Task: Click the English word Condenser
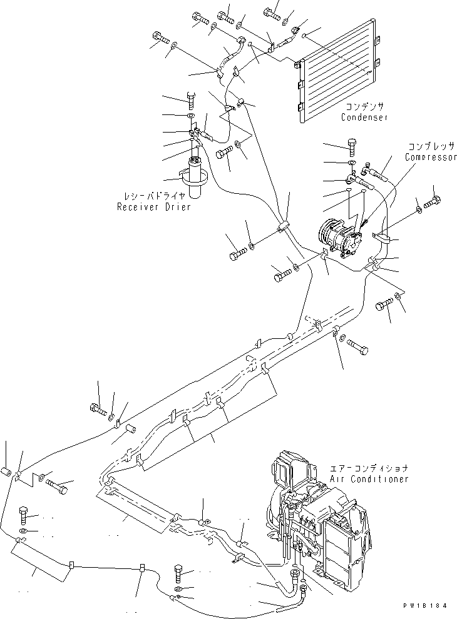pyautogui.click(x=364, y=118)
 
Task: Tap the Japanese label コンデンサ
pyautogui.click(x=364, y=107)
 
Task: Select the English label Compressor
pyautogui.click(x=431, y=157)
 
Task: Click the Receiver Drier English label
pyautogui.click(x=153, y=207)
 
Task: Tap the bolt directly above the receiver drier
pyautogui.click(x=191, y=98)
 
